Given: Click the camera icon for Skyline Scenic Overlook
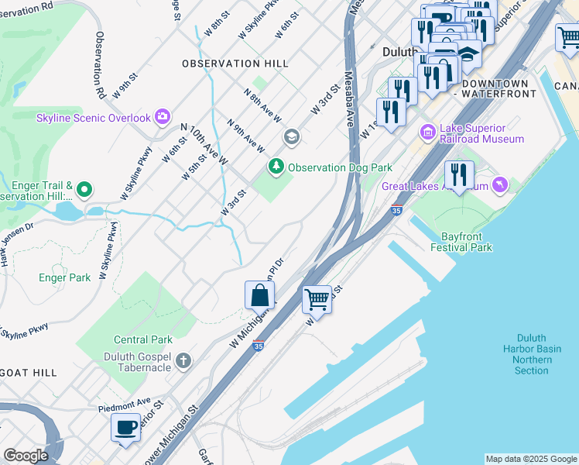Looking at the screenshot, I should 162,117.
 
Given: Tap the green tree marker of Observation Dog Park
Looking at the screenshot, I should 276,167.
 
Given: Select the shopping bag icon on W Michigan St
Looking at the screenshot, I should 259,295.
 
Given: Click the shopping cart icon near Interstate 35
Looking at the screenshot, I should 317,298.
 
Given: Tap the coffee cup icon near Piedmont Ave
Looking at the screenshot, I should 125,427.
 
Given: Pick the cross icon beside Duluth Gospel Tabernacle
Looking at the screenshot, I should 183,361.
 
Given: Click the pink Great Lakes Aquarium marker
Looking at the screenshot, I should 500,185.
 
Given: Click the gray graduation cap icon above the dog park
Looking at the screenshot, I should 291,138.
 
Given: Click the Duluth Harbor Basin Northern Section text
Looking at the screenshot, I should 531,354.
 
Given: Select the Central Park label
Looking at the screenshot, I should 142,339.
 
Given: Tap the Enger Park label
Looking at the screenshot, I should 64,277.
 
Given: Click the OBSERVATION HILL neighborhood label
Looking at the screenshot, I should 235,64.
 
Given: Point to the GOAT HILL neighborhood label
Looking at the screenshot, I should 28,373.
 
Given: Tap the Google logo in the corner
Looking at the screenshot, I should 26,455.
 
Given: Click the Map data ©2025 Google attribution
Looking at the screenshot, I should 530,459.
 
